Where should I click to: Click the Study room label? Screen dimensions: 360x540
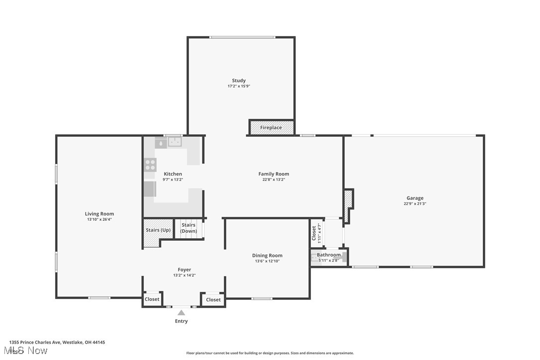[239, 81]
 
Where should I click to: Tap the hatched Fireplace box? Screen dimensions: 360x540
[271, 127]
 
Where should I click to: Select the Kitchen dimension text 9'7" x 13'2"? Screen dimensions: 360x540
[173, 180]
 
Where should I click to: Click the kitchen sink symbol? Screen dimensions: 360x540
[175, 142]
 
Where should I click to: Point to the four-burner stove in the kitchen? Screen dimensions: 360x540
[150, 165]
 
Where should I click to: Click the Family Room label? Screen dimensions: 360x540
[273, 174]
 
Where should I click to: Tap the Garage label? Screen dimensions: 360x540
[415, 198]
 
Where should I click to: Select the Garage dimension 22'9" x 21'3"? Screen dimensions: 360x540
[415, 204]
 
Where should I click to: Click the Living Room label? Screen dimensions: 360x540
[99, 214]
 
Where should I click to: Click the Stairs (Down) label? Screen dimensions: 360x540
[188, 228]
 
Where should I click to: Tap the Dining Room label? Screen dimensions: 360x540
[267, 256]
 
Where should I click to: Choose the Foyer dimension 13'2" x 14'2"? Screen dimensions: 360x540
[184, 275]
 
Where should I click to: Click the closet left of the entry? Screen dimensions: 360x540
[152, 299]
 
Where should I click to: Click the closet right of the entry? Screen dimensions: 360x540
[213, 299]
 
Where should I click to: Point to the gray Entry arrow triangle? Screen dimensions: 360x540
[181, 313]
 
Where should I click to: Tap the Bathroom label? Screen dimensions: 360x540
[329, 255]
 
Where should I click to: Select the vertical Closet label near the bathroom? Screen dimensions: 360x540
[314, 233]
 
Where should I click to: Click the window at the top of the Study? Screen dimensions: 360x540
[242, 37]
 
